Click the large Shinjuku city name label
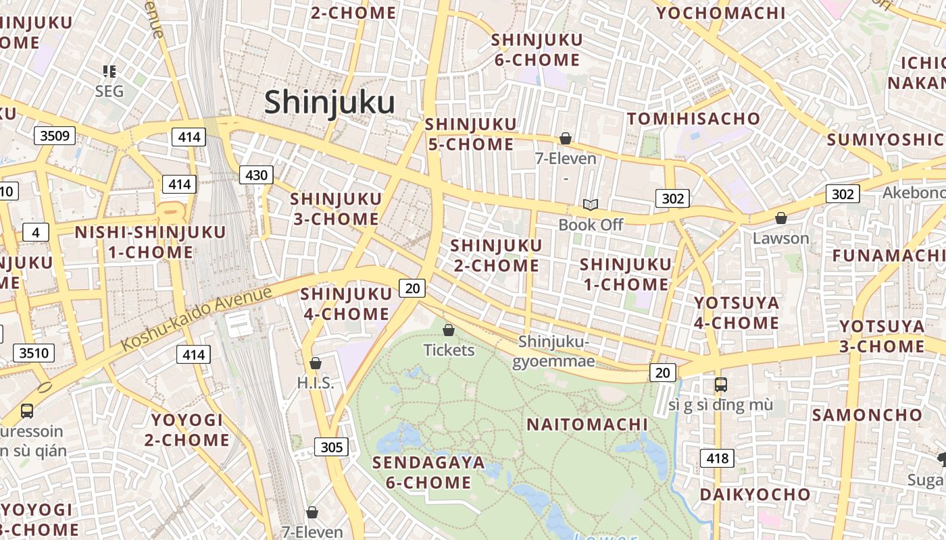coord(329,103)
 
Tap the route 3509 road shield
coord(55,136)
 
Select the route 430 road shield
coord(256,175)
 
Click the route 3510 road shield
coord(34,352)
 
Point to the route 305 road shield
coord(331,447)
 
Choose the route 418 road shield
coord(717,459)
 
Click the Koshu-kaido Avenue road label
coord(197,317)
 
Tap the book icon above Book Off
coord(591,205)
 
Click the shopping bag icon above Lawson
coord(780,218)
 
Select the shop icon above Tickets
coord(448,330)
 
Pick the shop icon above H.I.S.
coord(315,363)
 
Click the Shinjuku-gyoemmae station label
coord(553,352)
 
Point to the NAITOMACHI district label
coord(587,425)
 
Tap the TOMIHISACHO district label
coord(694,119)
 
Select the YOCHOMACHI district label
coord(721,13)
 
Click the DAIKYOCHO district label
coord(755,494)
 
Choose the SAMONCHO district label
coord(867,414)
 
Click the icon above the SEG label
coord(109,71)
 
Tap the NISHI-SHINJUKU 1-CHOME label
coord(150,242)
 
